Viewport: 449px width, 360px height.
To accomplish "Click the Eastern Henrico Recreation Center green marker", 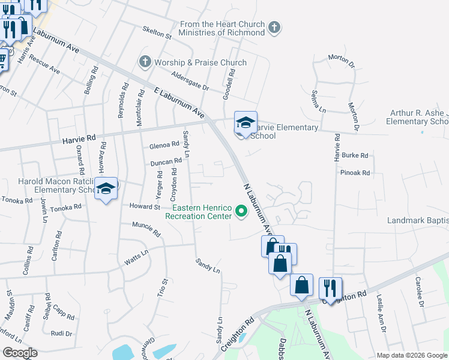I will (242, 211).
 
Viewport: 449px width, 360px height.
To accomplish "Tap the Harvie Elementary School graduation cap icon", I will (245, 123).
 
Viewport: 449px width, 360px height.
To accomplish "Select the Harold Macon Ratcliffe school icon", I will (106, 189).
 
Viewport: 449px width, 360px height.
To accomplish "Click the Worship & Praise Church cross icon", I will (145, 62).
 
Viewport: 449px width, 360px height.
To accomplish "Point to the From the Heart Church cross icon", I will (274, 28).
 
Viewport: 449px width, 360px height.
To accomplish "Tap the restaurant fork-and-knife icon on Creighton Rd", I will (330, 288).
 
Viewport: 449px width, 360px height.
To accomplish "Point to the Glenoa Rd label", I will (164, 145).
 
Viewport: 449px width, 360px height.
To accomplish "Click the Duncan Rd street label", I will (166, 161).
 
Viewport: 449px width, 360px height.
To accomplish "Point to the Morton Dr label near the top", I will (342, 58).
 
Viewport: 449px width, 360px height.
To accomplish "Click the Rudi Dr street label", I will (61, 334).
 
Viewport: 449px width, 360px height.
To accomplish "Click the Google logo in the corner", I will (20, 353).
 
